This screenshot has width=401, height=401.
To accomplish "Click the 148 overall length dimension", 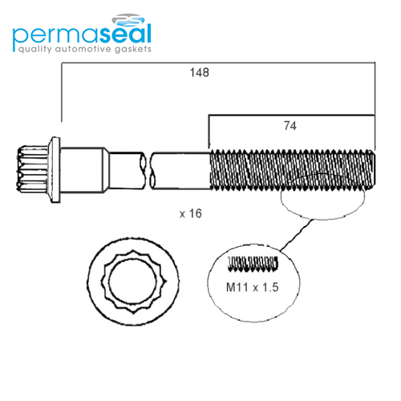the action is coord(200,73).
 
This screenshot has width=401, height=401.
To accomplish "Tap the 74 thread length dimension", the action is coord(290,126).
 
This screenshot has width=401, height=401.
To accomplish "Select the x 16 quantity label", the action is coord(191,213).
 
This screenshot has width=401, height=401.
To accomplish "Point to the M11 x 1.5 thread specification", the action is coord(253,287).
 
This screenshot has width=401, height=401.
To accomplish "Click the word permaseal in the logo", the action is coord(82,34).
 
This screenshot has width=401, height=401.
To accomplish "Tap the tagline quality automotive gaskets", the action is coord(85,49).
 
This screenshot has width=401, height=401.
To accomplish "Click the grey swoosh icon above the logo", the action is coord(128,19).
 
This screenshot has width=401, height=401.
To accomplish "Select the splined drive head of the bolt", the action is coord(33,168).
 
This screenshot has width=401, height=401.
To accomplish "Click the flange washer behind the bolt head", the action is coord(55,170).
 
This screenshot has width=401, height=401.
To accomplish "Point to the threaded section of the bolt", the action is coord(292,170).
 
